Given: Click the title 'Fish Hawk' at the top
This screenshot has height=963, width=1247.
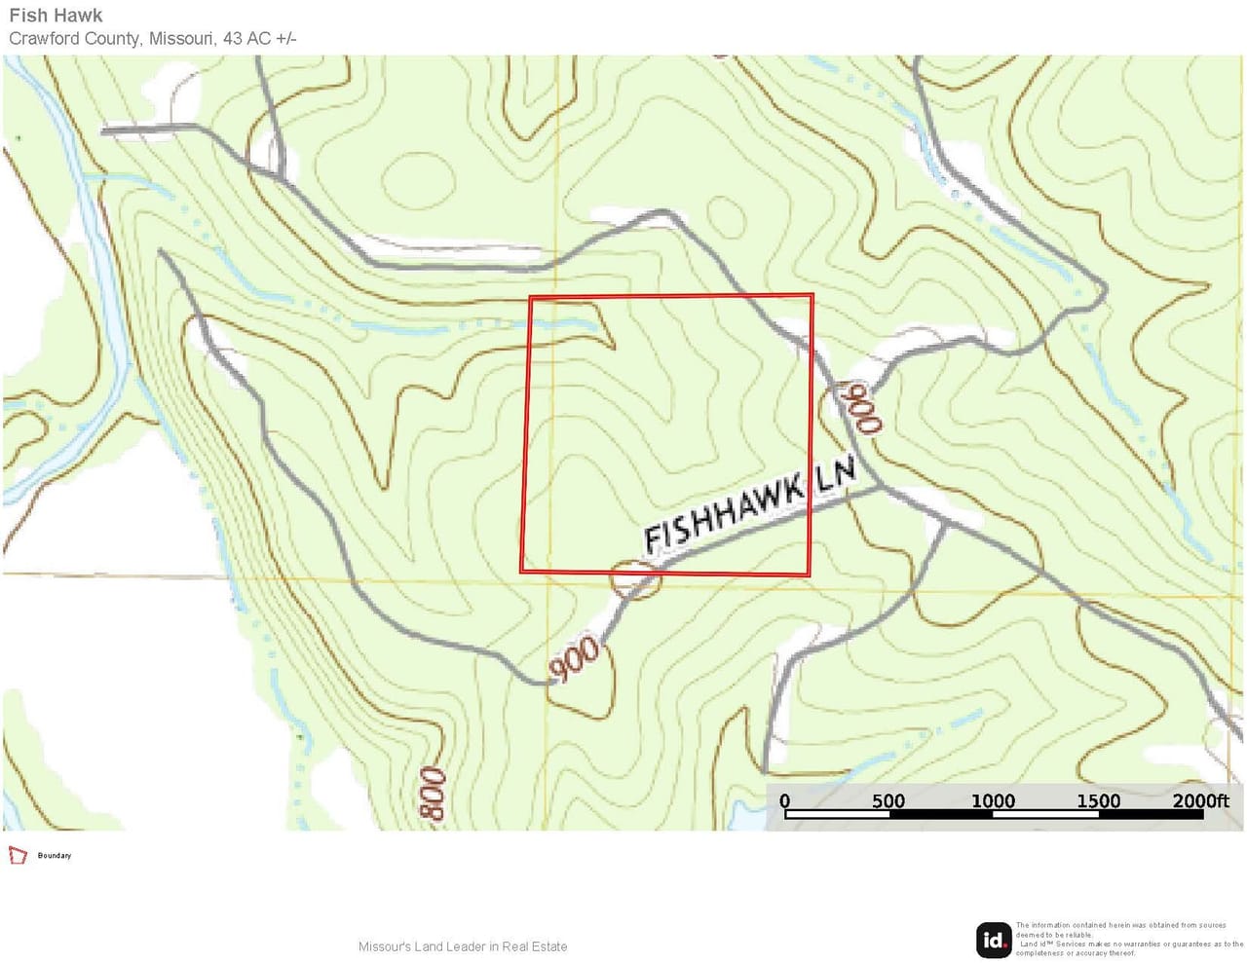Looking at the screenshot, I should pyautogui.click(x=56, y=16).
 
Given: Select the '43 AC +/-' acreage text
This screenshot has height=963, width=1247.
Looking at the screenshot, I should pyautogui.click(x=259, y=39).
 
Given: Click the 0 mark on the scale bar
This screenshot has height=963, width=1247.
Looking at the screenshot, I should pyautogui.click(x=785, y=801).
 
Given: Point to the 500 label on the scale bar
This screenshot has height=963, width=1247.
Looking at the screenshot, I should pyautogui.click(x=888, y=801).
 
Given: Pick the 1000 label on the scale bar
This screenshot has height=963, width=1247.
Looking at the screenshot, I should pyautogui.click(x=993, y=801).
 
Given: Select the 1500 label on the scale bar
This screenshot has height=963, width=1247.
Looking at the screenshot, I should pyautogui.click(x=1098, y=801).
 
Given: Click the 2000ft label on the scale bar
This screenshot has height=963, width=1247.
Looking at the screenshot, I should pyautogui.click(x=1200, y=801).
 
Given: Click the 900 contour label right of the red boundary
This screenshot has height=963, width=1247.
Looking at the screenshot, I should pyautogui.click(x=862, y=407).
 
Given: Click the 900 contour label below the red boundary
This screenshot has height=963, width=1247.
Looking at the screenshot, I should pyautogui.click(x=574, y=658).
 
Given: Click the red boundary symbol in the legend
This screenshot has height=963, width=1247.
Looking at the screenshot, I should pyautogui.click(x=18, y=855).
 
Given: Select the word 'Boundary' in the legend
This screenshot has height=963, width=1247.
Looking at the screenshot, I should pyautogui.click(x=55, y=856).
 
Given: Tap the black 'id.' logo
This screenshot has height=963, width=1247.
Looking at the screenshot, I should pyautogui.click(x=994, y=940).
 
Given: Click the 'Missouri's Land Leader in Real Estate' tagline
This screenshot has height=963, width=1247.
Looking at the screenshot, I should pyautogui.click(x=463, y=946).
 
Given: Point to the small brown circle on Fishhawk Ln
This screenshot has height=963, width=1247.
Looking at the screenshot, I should pyautogui.click(x=635, y=579).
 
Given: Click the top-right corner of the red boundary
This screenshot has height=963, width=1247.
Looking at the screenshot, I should pyautogui.click(x=812, y=295).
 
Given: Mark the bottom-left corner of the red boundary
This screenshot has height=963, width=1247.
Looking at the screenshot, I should pyautogui.click(x=521, y=571).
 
